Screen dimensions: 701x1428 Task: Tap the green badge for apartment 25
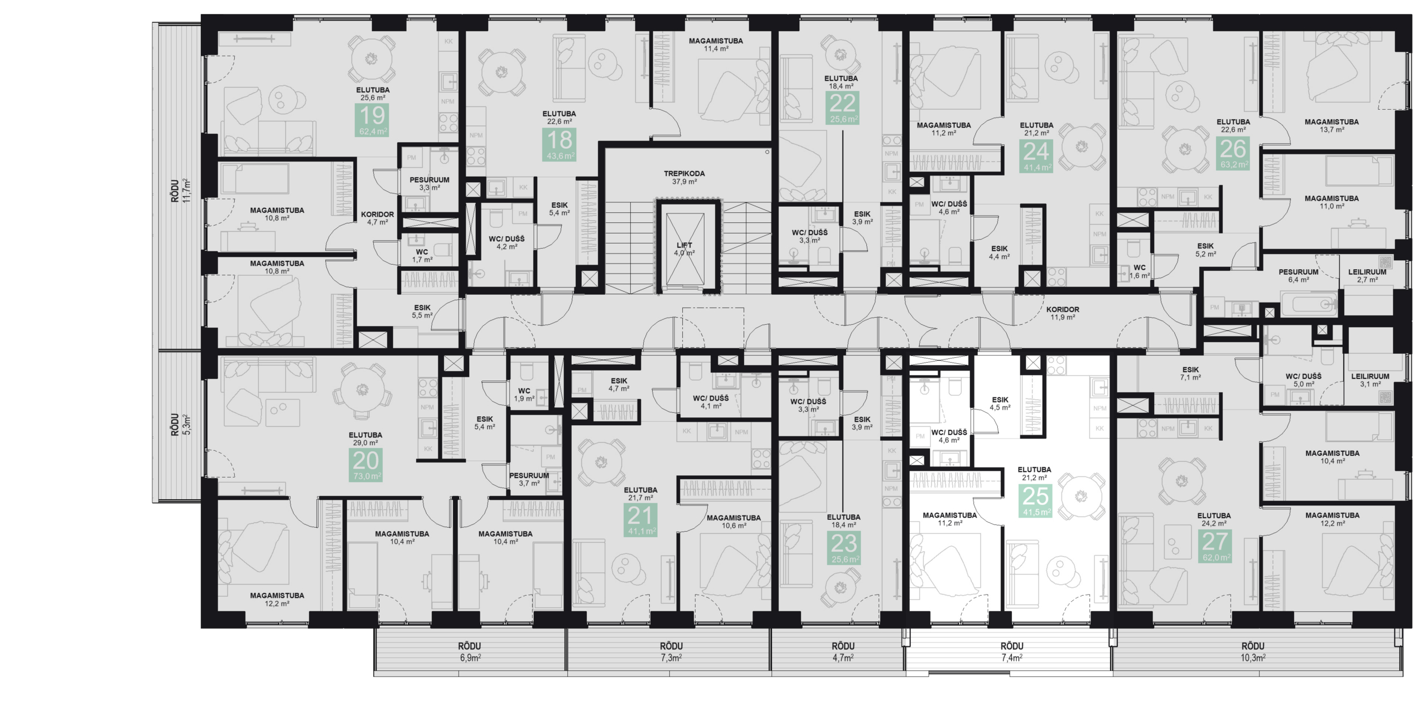1035,500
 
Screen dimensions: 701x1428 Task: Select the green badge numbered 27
1215,546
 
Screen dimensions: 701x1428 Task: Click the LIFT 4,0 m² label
684,249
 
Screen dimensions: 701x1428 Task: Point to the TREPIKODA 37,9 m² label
684,178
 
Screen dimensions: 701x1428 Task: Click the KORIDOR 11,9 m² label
1062,313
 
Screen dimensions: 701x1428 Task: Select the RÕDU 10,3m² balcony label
1253,651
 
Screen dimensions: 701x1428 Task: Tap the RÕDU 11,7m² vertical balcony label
181,191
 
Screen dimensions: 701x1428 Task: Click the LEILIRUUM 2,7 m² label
1367,276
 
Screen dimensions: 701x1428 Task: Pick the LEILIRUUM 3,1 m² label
1369,380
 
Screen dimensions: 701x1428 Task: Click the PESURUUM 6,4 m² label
1298,276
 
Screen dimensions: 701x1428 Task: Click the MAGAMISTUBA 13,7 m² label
1331,125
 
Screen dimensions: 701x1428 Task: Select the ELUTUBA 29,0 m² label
365,439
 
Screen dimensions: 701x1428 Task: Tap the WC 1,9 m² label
523,395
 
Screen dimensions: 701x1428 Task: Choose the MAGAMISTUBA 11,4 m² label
715,45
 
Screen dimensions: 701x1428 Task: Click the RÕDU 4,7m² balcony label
843,651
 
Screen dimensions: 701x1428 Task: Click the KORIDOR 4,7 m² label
377,218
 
